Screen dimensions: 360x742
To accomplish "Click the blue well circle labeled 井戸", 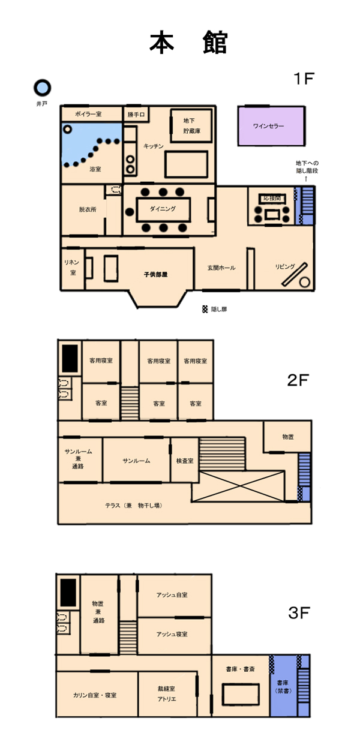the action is (43, 88).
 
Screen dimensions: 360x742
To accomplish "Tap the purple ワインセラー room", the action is (271, 126).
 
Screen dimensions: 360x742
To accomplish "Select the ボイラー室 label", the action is (88, 114).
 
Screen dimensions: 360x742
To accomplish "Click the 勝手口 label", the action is (136, 115).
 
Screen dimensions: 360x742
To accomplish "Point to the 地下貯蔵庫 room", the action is (191, 126).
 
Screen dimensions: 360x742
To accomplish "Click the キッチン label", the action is (154, 146).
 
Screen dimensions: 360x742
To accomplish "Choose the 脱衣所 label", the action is (88, 209).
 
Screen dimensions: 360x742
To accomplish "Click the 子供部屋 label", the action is (155, 274).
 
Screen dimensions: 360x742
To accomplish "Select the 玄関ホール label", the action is (221, 268).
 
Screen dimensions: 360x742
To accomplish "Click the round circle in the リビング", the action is (305, 282).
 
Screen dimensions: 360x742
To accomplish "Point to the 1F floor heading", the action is (304, 79).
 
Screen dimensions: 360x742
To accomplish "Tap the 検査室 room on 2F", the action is (185, 459).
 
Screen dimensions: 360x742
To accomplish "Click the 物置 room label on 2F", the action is (288, 437).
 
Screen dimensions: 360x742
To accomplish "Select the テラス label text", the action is (134, 506).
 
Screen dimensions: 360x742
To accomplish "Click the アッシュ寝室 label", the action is (172, 634).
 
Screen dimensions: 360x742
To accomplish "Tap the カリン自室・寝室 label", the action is (95, 695).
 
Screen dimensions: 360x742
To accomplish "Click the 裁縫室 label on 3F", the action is (166, 689).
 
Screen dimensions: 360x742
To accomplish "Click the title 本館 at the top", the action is (188, 43).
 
